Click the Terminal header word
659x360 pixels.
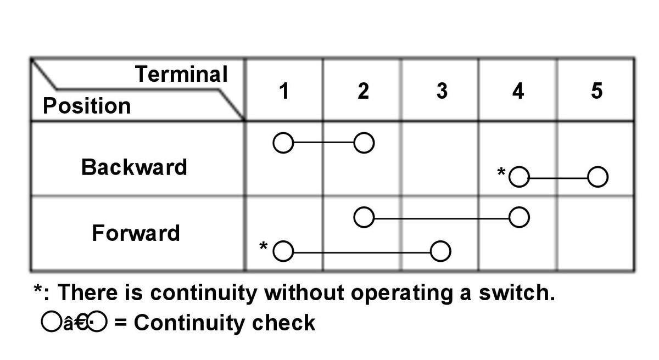pos(181,74)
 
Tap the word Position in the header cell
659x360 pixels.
pos(87,105)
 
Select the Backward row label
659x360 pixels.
pos(134,167)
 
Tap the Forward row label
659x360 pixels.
pos(136,233)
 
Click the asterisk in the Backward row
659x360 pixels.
pos(501,171)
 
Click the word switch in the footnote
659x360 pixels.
pos(517,292)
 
